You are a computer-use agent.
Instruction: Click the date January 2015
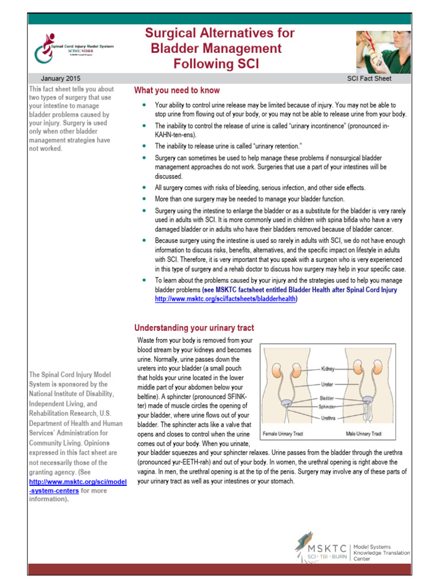click(x=60, y=78)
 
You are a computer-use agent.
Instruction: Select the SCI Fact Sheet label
click(x=369, y=78)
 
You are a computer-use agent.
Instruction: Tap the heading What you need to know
click(x=177, y=91)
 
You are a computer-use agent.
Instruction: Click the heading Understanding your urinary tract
click(x=194, y=328)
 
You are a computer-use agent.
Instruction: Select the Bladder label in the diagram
click(x=327, y=397)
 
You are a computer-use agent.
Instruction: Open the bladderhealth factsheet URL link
click(x=226, y=299)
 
